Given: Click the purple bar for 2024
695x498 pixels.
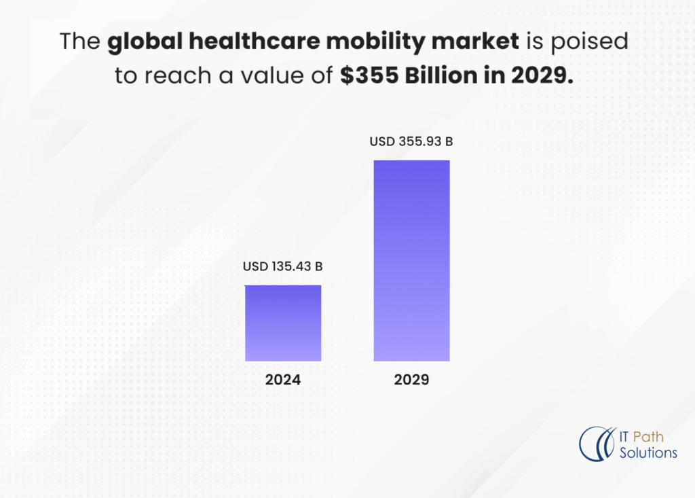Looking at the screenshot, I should pyautogui.click(x=283, y=323).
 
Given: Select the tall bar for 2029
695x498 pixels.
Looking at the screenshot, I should pyautogui.click(x=411, y=260).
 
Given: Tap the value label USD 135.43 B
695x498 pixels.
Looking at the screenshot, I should pyautogui.click(x=282, y=266).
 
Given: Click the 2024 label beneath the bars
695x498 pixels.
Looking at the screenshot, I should pyautogui.click(x=283, y=380).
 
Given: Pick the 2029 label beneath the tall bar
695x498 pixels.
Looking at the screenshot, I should pyautogui.click(x=411, y=380).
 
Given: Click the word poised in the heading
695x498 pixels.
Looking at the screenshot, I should pyautogui.click(x=598, y=42).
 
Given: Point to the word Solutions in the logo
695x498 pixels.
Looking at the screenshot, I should pyautogui.click(x=648, y=452).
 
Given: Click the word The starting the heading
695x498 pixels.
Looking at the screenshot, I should pyautogui.click(x=80, y=42).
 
